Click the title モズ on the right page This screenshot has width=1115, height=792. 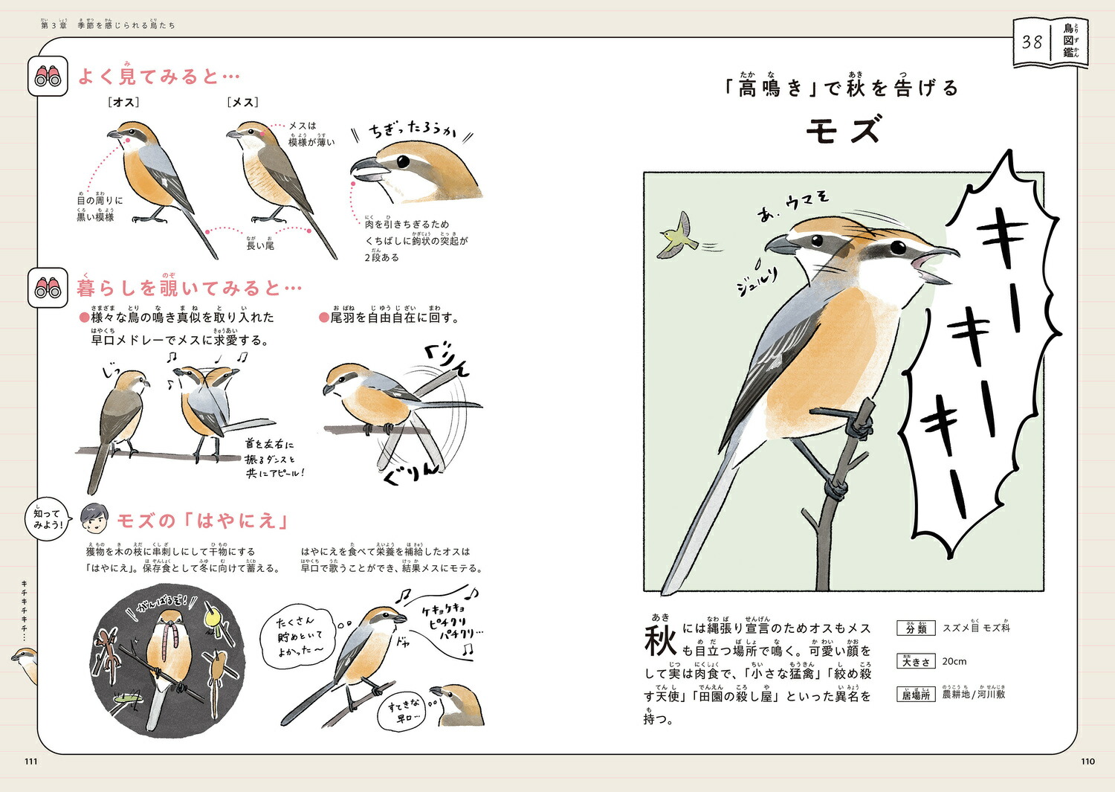tap(843, 130)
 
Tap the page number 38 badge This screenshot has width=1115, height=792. tap(1032, 42)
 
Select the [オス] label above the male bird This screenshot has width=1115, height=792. tap(124, 102)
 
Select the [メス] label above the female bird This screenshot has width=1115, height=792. tap(243, 102)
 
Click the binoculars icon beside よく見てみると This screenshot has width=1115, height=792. tap(48, 76)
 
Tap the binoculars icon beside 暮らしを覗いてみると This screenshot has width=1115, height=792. tap(48, 288)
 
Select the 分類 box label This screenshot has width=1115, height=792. tap(916, 628)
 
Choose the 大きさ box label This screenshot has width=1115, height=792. tap(916, 661)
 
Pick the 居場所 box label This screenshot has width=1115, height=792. tap(916, 695)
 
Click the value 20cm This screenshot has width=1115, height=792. tap(954, 661)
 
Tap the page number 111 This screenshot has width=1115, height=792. tap(30, 761)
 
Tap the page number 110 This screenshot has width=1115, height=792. tap(1087, 761)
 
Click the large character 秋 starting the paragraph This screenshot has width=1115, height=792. tap(660, 640)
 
